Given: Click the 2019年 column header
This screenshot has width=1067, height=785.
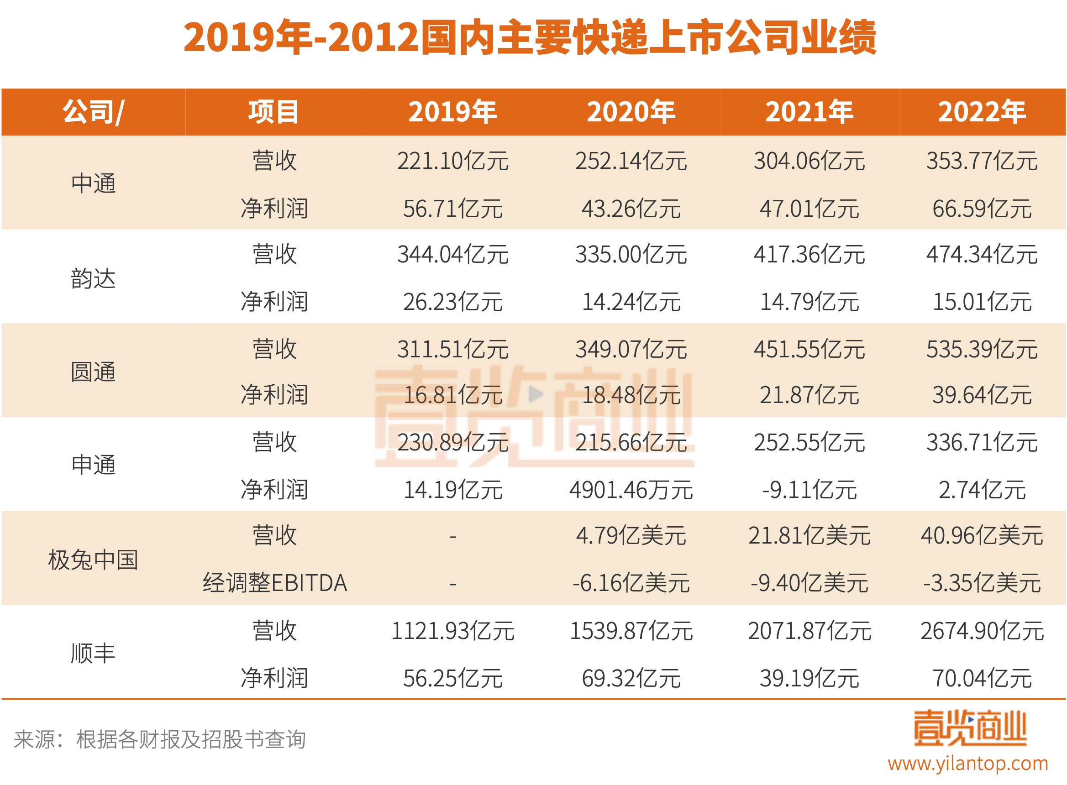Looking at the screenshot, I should coord(452,112).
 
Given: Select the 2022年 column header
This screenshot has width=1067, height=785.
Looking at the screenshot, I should coord(982,112).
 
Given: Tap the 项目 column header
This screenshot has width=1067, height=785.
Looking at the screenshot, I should coord(274,112).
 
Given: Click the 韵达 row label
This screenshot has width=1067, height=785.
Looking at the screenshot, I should coord(93,278).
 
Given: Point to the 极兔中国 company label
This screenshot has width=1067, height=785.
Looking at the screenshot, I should coord(93,559).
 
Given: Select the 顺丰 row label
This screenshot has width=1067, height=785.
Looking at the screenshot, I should coord(93,653).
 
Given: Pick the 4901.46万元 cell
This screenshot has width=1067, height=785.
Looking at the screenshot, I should coord(631,490).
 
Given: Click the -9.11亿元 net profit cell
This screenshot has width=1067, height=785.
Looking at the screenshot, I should coord(809,490).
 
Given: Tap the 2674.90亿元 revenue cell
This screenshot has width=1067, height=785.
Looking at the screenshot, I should coord(982,631).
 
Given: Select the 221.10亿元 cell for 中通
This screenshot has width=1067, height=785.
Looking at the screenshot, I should coord(452,161).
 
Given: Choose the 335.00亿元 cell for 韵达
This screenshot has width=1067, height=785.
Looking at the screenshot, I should coord(631,255).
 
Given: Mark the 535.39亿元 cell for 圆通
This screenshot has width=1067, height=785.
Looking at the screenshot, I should coord(982,349).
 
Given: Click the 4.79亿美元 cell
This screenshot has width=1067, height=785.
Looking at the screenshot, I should coord(631,536).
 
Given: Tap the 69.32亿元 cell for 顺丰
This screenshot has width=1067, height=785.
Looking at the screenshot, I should coord(631,678).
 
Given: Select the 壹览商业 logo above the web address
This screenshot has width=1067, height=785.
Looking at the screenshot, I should coord(970,727).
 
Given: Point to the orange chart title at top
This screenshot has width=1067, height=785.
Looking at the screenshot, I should coord(530,37).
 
